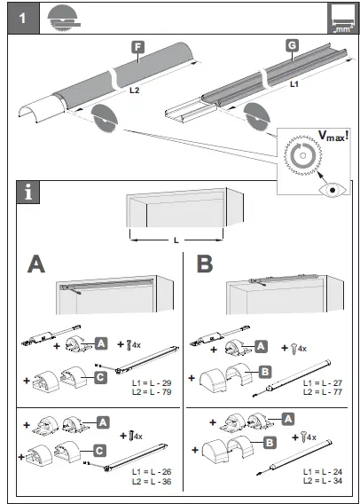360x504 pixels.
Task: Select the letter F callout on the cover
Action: click(x=137, y=46)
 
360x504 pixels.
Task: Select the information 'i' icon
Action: click(x=30, y=191)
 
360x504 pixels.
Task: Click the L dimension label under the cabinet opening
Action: click(x=176, y=240)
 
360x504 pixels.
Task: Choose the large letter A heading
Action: click(x=37, y=264)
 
